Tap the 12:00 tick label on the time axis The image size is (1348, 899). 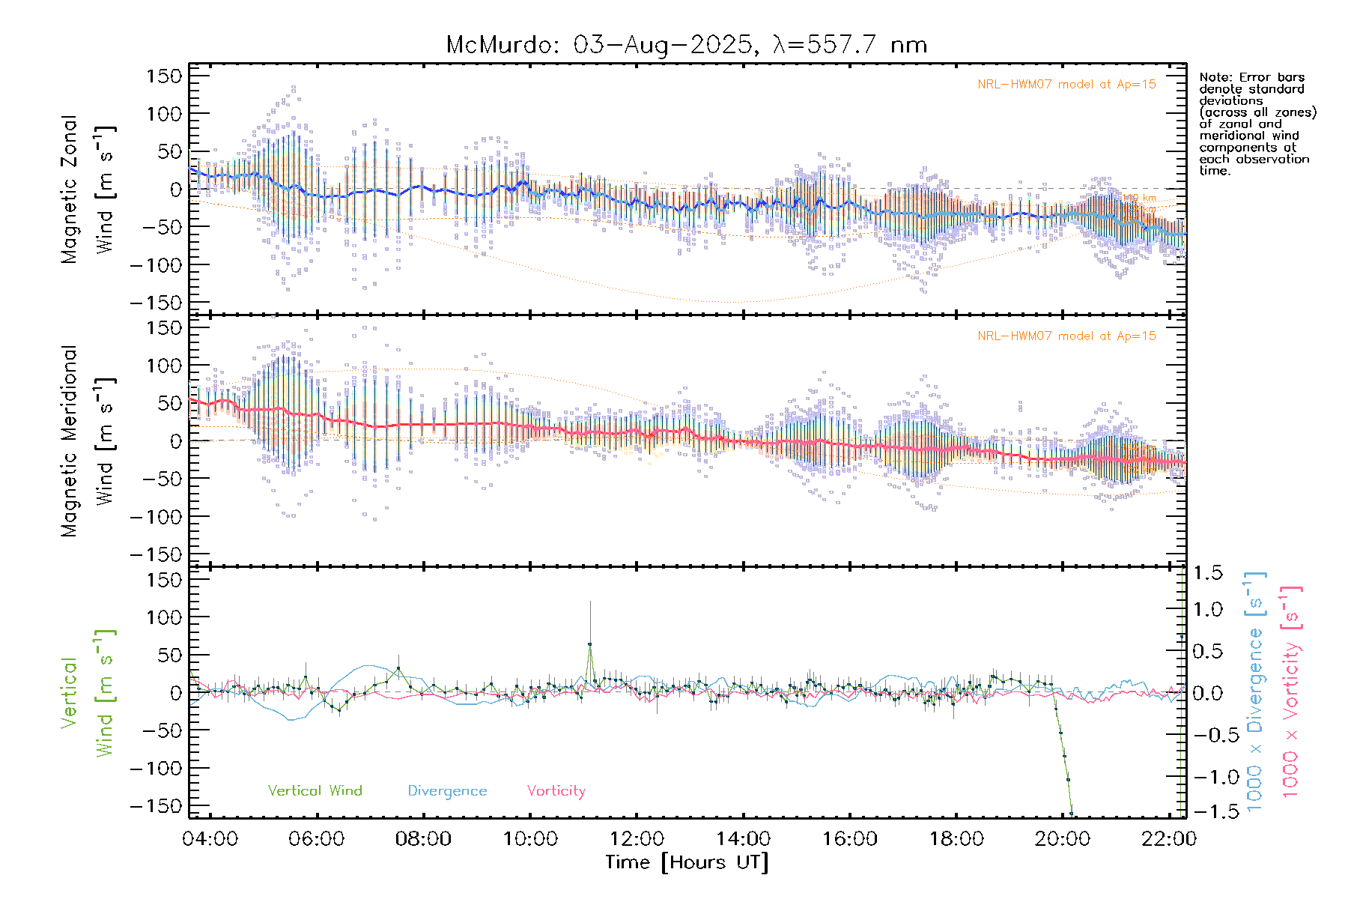(x=637, y=838)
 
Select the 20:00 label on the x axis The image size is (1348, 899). (x=1063, y=838)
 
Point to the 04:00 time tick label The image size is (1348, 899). (x=210, y=838)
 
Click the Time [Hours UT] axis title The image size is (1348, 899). (x=687, y=862)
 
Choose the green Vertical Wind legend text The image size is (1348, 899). (x=315, y=790)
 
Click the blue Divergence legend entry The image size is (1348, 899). (x=447, y=790)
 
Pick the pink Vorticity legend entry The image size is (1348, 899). (x=556, y=790)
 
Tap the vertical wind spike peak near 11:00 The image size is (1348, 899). (x=589, y=644)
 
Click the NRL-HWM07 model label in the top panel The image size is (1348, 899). (x=1066, y=84)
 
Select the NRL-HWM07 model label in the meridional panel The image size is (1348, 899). (x=1066, y=336)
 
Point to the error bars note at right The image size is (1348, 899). (x=1257, y=124)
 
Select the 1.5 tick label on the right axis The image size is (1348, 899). (x=1207, y=573)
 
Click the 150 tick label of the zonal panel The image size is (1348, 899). (x=164, y=76)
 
